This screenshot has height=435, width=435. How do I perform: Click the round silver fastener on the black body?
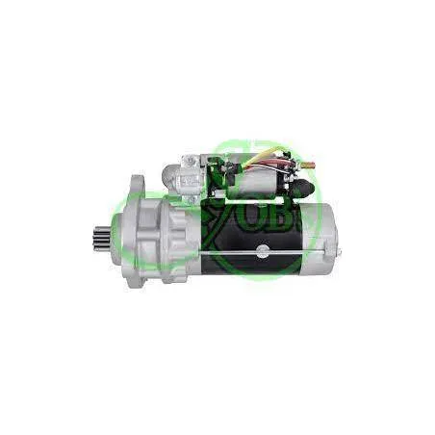pyautogui.click(x=260, y=252)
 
